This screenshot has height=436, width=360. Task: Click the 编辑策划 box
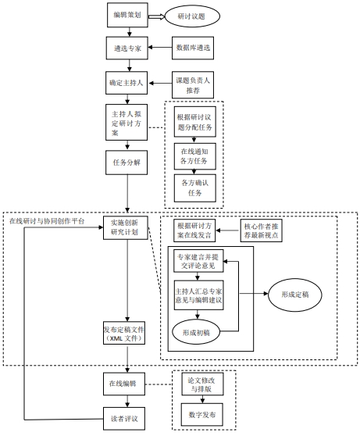click(127, 15)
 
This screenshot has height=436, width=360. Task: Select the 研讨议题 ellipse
click(192, 16)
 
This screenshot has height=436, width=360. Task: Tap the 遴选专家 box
click(127, 48)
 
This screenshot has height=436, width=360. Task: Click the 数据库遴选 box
click(193, 48)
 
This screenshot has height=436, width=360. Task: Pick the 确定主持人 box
click(127, 83)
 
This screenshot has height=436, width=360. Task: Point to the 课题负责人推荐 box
click(193, 85)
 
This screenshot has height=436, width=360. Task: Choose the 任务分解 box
click(127, 163)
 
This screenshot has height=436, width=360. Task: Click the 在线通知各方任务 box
click(195, 156)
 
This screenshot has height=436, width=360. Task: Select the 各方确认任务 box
click(195, 188)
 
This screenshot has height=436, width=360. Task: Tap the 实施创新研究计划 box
click(126, 227)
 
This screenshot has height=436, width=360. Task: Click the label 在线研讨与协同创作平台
click(47, 221)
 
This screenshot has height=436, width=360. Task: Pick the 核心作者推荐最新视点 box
click(262, 231)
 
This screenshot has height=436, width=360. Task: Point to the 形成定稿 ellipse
click(295, 295)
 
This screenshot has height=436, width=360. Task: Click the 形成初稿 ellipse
click(196, 333)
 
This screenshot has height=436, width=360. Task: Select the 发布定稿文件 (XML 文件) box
click(124, 333)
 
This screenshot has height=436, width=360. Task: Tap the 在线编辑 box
click(124, 384)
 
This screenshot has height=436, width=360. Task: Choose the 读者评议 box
click(124, 419)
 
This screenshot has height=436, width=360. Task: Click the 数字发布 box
click(202, 415)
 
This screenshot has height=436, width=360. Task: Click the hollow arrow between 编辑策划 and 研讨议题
click(156, 17)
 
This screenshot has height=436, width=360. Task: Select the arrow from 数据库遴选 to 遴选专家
click(160, 47)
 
